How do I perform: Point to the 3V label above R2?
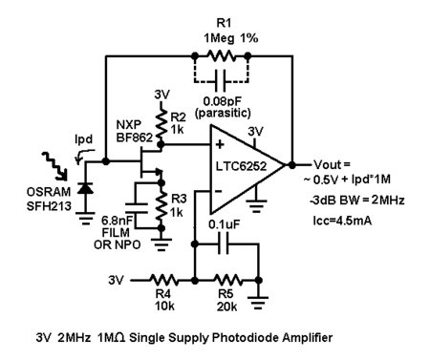[x=161, y=95]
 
